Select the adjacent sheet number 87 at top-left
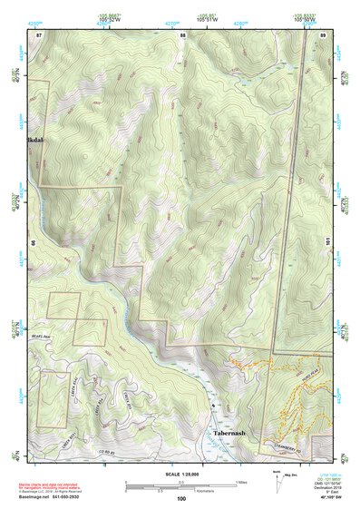(39, 34)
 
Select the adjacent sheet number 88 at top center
(182, 34)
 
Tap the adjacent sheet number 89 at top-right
(323, 34)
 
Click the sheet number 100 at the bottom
(181, 499)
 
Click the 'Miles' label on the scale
(241, 481)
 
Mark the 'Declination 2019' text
(317, 487)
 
